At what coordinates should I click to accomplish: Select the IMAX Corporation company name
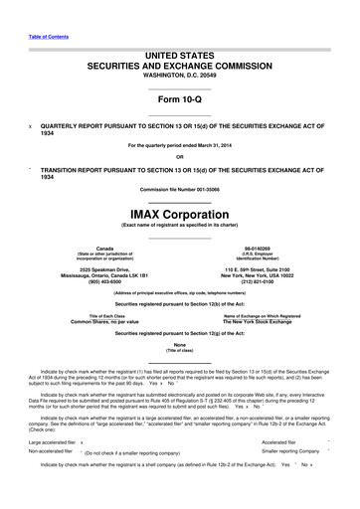click(x=179, y=212)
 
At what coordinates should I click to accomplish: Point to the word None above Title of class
click(x=179, y=345)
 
